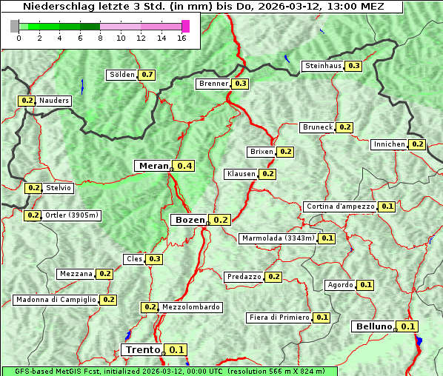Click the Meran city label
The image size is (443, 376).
[x=153, y=166]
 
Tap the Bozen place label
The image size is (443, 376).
[x=189, y=220]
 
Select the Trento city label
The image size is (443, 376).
[x=142, y=350]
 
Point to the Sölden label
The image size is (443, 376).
[x=122, y=75]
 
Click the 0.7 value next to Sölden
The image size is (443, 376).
[x=147, y=75]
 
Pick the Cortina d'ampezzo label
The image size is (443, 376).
[x=339, y=207]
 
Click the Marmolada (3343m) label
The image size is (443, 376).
[x=278, y=238]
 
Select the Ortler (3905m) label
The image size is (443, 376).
[x=72, y=215]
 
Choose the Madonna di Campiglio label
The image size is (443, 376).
[x=56, y=300]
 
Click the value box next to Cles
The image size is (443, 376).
[x=154, y=259]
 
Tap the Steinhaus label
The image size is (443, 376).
[x=323, y=66]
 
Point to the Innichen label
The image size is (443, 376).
[x=390, y=144]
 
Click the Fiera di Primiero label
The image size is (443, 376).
[x=279, y=318]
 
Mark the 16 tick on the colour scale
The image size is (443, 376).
[x=181, y=38]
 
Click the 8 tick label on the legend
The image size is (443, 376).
[x=100, y=38]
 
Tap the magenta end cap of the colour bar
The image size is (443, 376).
[x=185, y=26]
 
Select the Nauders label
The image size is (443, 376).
[x=54, y=101]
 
